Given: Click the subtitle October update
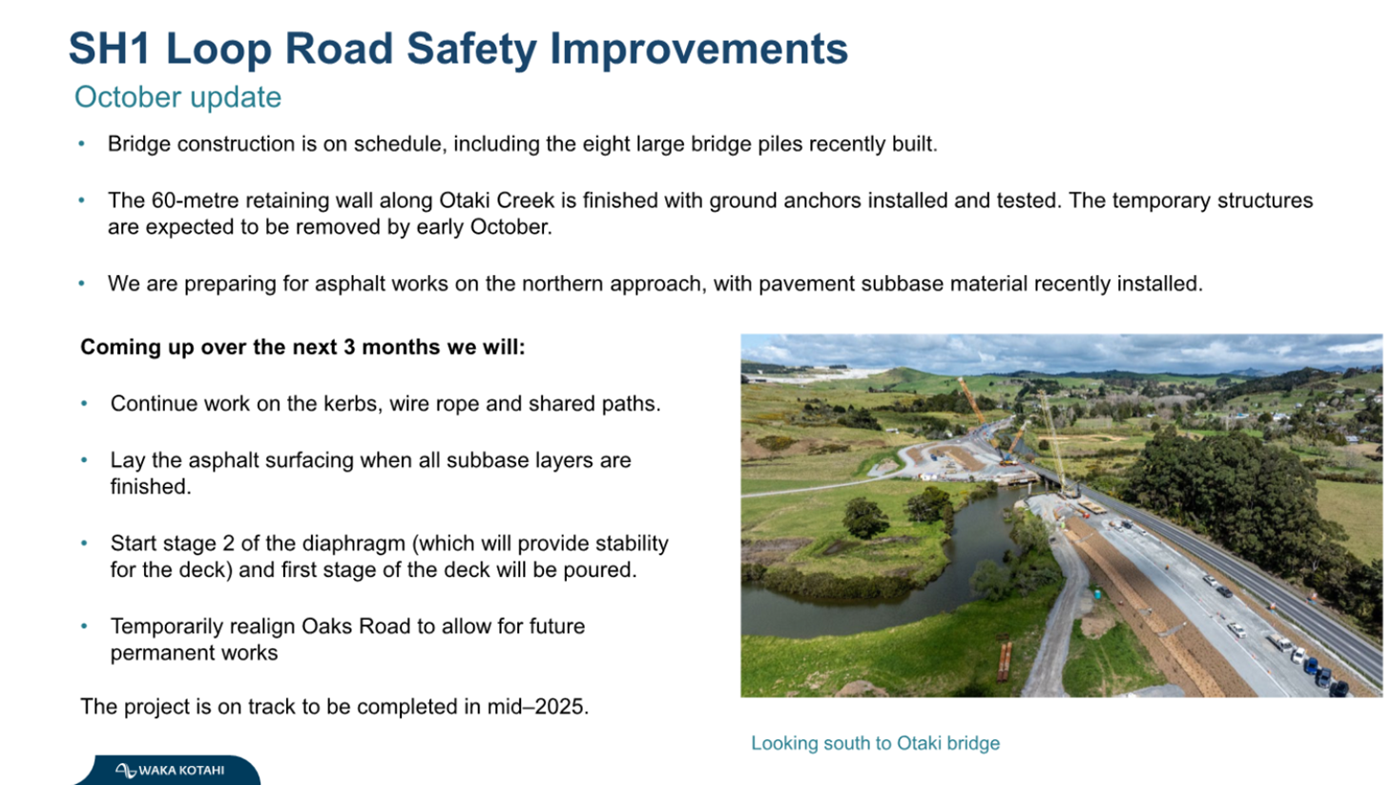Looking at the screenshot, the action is pyautogui.click(x=177, y=97).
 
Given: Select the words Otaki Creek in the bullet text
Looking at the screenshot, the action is pyautogui.click(x=497, y=201).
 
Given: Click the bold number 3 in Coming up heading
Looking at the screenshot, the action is pyautogui.click(x=349, y=347).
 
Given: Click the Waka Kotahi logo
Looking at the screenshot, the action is pyautogui.click(x=169, y=770).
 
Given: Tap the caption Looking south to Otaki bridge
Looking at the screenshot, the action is pyautogui.click(x=875, y=743).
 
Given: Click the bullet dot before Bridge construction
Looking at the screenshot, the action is pyautogui.click(x=81, y=144).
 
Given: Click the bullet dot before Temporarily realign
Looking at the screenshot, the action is pyautogui.click(x=84, y=626).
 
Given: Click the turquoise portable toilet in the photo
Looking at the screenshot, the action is pyautogui.click(x=1098, y=594).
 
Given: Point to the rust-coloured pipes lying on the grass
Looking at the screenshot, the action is pyautogui.click(x=1005, y=663).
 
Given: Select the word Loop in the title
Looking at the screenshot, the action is pyautogui.click(x=218, y=50).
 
